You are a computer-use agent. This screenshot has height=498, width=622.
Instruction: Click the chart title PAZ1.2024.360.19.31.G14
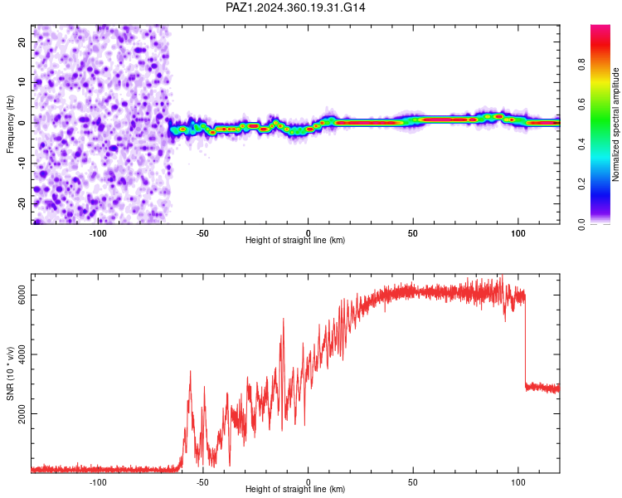click(295, 7)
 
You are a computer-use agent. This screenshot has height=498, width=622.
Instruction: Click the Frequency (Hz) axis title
click(10, 124)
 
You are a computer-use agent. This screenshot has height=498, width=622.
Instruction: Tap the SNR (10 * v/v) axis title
click(10, 373)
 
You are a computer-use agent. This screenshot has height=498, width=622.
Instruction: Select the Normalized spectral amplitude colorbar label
click(615, 124)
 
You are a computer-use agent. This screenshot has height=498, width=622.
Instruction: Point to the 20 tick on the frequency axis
click(22, 41)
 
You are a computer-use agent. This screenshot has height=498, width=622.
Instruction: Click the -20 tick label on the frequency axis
click(22, 204)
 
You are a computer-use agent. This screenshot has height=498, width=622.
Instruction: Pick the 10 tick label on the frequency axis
click(22, 82)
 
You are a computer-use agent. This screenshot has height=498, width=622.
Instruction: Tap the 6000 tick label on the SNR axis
click(22, 295)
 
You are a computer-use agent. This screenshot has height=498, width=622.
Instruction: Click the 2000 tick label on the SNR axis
click(22, 414)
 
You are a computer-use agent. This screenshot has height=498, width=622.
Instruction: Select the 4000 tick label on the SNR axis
click(22, 354)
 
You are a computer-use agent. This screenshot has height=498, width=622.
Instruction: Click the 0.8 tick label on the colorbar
click(581, 65)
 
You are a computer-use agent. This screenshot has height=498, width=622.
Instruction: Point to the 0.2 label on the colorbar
click(581, 184)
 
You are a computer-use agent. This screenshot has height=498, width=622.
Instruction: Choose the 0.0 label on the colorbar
click(581, 224)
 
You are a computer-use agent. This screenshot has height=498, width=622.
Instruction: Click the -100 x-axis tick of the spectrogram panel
click(98, 233)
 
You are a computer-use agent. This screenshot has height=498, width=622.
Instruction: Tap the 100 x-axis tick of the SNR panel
click(518, 482)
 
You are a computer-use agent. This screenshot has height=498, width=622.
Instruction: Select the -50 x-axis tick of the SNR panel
click(202, 482)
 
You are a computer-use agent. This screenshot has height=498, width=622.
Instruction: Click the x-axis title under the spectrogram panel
click(295, 240)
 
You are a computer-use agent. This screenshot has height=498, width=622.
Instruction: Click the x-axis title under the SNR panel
click(295, 489)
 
